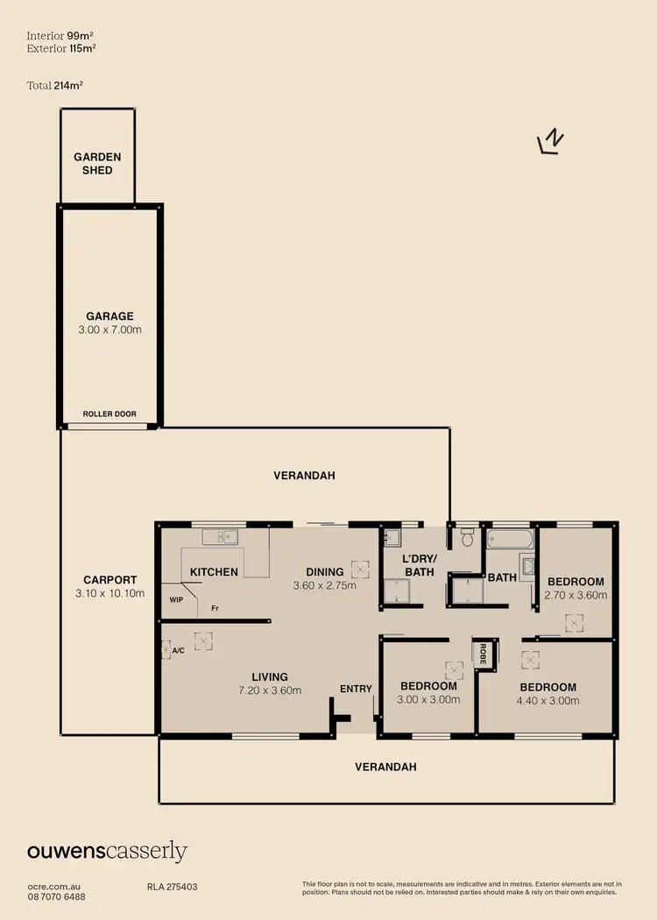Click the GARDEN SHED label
[x=97, y=163]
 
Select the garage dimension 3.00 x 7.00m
[x=109, y=330]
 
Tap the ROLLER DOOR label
[x=109, y=414]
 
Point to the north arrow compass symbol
[x=551, y=142]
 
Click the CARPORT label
[x=109, y=579]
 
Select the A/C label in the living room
[x=179, y=651]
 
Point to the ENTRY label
[x=356, y=689]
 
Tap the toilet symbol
[x=468, y=536]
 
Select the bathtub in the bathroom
[x=505, y=538]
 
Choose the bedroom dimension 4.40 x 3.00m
[x=547, y=700]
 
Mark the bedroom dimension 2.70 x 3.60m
[x=576, y=595]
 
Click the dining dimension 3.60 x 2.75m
[x=324, y=585]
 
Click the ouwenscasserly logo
[x=106, y=851]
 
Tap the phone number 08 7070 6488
[x=55, y=896]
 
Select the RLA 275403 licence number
[x=172, y=887]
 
